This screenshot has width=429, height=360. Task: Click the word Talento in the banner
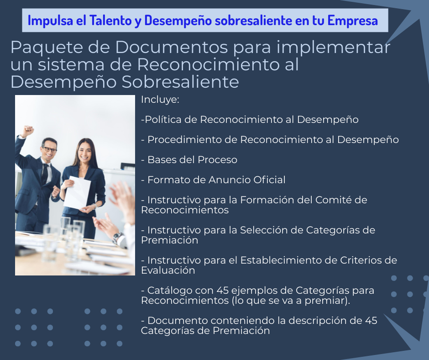click(111, 21)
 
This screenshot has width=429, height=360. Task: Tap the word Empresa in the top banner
click(353, 21)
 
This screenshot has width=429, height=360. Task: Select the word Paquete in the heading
click(47, 48)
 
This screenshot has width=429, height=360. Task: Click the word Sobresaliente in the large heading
click(180, 82)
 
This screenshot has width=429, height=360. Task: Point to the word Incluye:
click(160, 100)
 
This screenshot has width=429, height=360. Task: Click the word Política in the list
click(163, 119)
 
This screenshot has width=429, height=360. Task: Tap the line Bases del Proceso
click(189, 160)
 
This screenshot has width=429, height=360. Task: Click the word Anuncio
click(229, 180)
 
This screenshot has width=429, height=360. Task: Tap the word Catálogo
click(167, 291)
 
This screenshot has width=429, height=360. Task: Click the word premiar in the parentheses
click(325, 301)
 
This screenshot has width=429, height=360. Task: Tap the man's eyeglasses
click(50, 149)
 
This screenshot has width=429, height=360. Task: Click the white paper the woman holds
click(77, 192)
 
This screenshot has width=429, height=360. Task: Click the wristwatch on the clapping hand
click(118, 237)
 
